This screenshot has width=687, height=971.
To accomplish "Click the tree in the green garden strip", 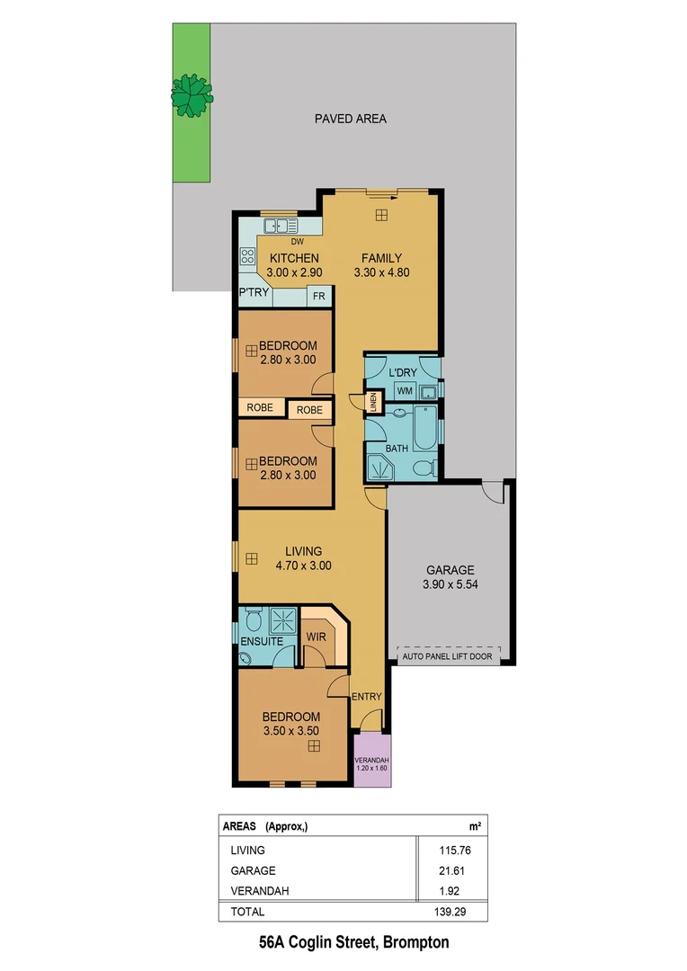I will click(x=192, y=93).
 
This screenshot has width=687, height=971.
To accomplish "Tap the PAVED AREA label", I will click(x=350, y=119).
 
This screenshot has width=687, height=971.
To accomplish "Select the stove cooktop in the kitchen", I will click(x=247, y=257).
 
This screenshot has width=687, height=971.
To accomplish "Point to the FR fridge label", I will click(x=318, y=296).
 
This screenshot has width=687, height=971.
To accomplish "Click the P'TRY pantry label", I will click(x=254, y=293).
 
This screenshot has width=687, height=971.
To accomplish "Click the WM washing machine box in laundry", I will click(x=404, y=391).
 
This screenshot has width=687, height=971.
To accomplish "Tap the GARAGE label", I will click(x=450, y=570).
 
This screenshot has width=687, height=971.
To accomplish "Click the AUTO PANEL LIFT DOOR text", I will click(x=449, y=656).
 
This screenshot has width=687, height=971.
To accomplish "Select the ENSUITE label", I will click(x=262, y=641).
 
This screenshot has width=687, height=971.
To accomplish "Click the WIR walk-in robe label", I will click(x=316, y=637).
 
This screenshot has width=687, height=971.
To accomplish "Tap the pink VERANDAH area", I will click(x=373, y=760).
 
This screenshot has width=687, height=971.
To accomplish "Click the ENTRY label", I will click(x=367, y=697).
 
